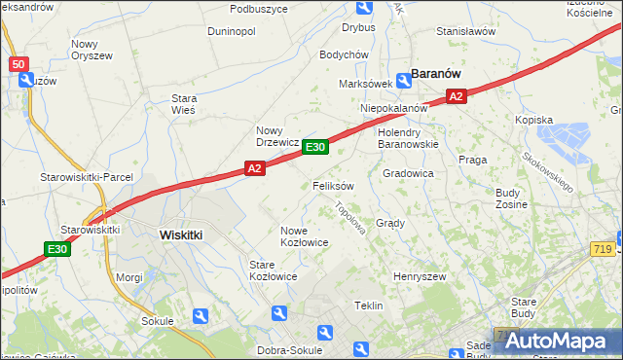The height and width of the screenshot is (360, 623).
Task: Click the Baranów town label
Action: pos(436,73)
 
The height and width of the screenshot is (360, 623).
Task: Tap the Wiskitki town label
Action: pos(180,234)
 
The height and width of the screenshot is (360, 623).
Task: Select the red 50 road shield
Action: pos(20,64)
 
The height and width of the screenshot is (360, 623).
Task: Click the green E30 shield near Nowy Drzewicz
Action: pos(314,147)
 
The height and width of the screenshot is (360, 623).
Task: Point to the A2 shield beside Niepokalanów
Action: pos(458,95)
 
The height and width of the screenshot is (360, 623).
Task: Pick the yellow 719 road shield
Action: pos(600,250)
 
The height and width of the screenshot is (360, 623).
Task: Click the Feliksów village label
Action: pos(333,185)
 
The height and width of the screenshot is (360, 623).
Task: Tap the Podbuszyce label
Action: pos(259,9)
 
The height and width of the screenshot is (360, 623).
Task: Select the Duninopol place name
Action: pos(231,31)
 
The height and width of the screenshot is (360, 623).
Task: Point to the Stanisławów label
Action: pos(466,31)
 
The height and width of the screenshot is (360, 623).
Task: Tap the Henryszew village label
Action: pos(419,277)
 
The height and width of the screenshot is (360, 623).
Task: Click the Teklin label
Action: pos(368,306)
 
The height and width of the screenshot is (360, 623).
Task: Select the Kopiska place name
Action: pos(533,120)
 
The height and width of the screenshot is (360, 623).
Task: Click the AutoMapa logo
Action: pos(558,341)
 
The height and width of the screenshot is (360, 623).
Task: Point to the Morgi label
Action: pos(129,277)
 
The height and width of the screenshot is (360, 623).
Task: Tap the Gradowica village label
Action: pos(408,173)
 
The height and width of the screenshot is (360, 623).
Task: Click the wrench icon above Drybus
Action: pos(364,9)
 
